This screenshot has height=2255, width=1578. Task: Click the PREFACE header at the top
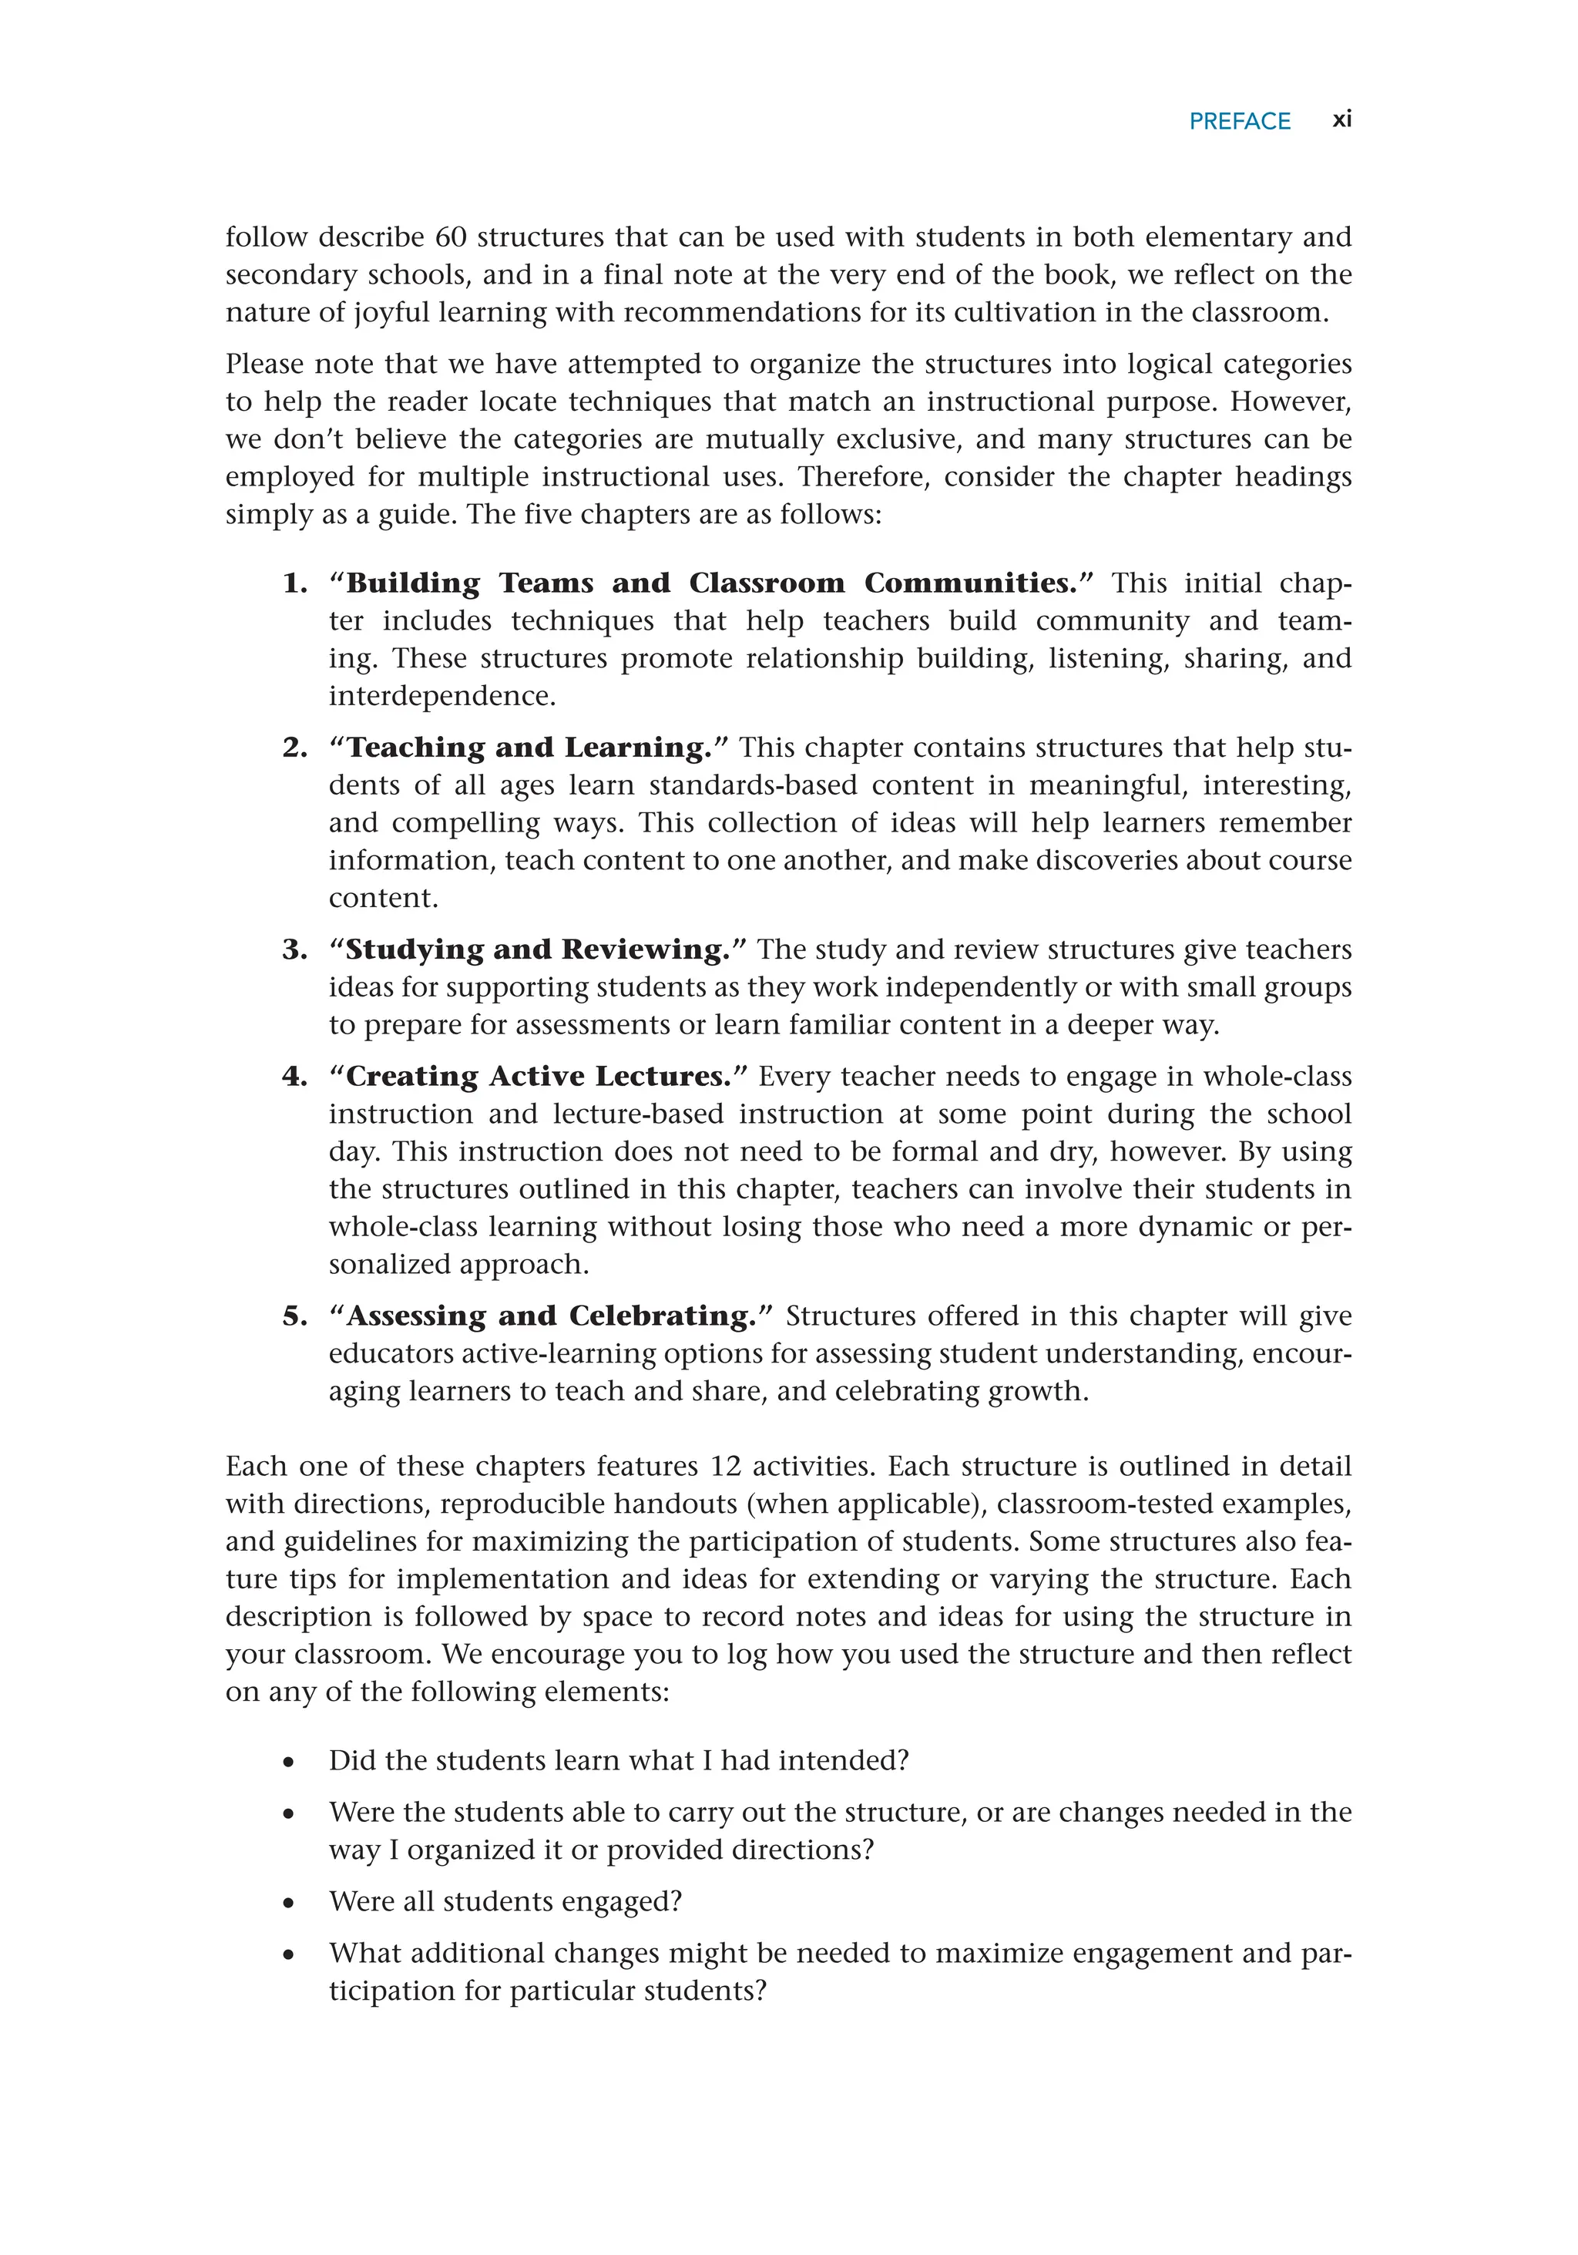(1238, 121)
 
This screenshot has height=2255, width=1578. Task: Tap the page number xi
(1341, 119)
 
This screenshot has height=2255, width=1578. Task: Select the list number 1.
(294, 583)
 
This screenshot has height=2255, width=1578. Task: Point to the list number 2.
(294, 748)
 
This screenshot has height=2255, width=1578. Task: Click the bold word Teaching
(415, 748)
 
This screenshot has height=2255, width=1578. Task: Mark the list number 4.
(294, 1077)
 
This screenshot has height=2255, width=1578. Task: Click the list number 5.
(294, 1316)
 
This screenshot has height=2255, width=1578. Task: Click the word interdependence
(441, 697)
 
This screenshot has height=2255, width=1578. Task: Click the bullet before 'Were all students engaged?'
(287, 1904)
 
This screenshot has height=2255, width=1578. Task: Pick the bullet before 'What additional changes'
(287, 1955)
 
